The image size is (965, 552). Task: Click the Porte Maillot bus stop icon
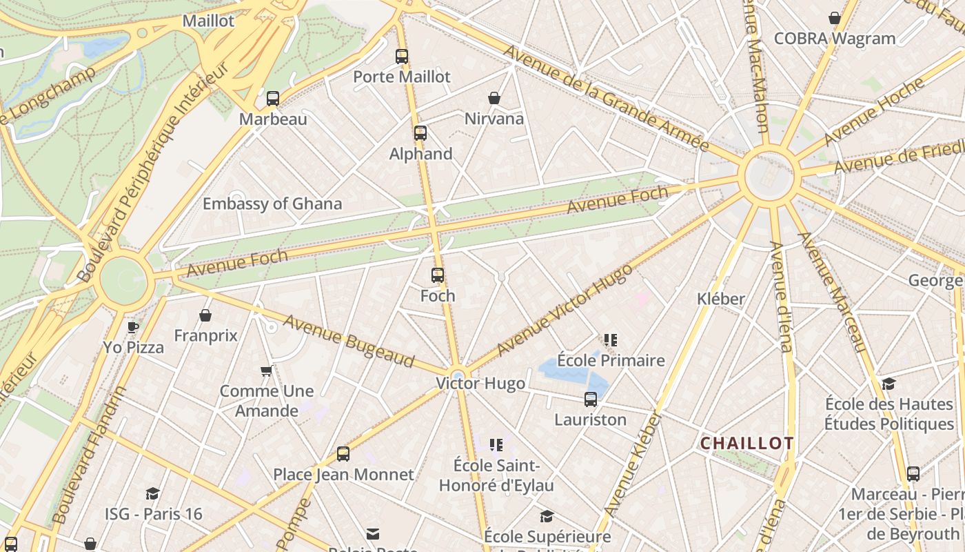[402, 57]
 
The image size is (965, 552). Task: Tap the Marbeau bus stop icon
[273, 99]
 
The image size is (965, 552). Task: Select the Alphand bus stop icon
[420, 133]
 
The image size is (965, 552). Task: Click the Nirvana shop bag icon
[494, 98]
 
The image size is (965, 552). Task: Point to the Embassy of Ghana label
[272, 204]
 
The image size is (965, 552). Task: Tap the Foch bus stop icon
[438, 275]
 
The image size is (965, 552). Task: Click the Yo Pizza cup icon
[134, 326]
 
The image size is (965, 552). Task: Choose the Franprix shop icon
[205, 315]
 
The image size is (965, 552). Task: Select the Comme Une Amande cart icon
[267, 371]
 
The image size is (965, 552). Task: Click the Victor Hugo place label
[480, 384]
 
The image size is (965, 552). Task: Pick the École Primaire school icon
[611, 339]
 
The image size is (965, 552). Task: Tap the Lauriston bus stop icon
[591, 399]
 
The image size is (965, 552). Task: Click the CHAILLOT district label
[747, 443]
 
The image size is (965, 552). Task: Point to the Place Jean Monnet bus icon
[343, 454]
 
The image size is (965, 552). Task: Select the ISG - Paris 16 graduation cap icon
[153, 493]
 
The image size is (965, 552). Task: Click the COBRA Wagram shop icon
[835, 18]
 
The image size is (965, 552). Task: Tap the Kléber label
[721, 299]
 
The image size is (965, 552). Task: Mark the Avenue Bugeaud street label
[349, 341]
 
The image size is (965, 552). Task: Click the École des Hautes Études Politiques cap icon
[889, 384]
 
